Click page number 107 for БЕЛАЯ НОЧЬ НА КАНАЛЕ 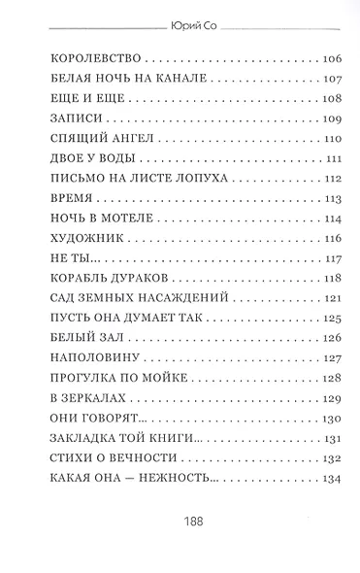(331, 79)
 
